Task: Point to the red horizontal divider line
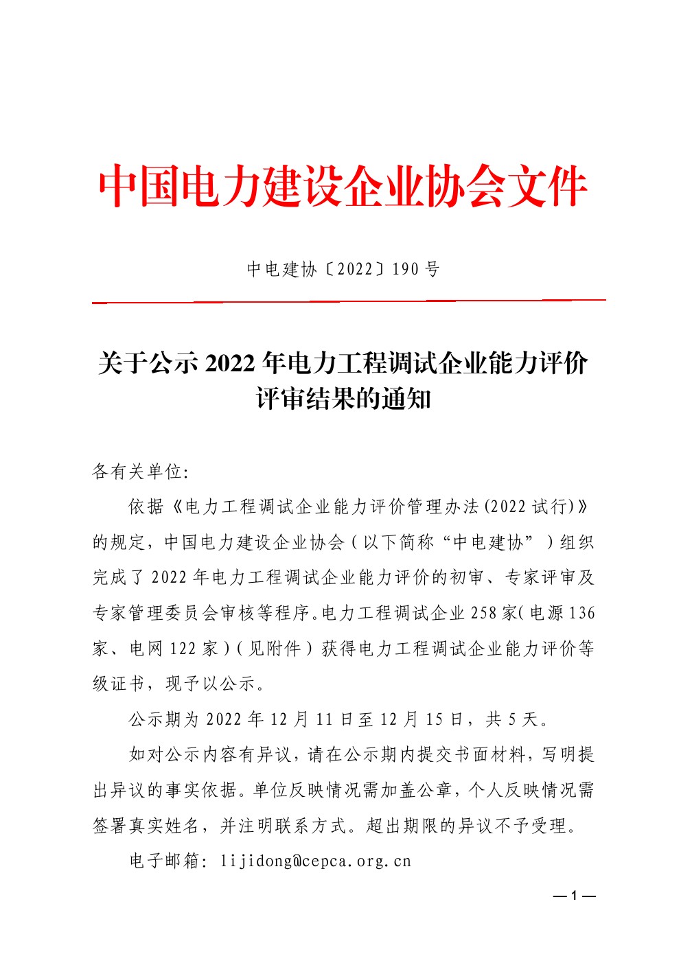(x=349, y=301)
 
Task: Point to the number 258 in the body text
(x=483, y=613)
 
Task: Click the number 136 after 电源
(x=581, y=613)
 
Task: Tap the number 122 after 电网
(x=183, y=649)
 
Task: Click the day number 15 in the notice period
(x=434, y=719)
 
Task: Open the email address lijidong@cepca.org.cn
(x=316, y=861)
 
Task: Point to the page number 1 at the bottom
(x=573, y=896)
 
